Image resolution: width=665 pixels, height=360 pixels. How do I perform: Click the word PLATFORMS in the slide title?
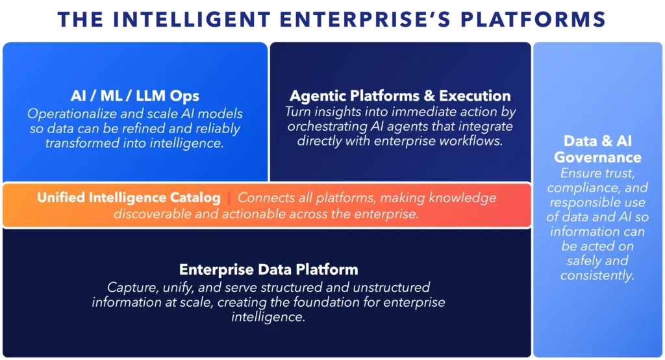click(534, 19)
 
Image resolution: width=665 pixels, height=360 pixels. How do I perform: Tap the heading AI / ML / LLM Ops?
click(135, 96)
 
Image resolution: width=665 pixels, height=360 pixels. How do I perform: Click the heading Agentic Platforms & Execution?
click(400, 96)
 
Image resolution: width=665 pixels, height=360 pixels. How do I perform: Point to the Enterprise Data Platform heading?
click(268, 269)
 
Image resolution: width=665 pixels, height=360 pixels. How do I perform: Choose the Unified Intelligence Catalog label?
click(129, 198)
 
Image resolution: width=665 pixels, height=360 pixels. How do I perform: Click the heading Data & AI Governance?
click(597, 149)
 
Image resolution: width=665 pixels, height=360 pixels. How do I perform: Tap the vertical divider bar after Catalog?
click(229, 198)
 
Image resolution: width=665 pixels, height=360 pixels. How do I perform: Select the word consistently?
click(597, 275)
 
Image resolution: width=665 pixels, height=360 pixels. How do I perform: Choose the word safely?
click(582, 261)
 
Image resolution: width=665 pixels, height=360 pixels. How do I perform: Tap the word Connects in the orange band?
click(260, 198)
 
